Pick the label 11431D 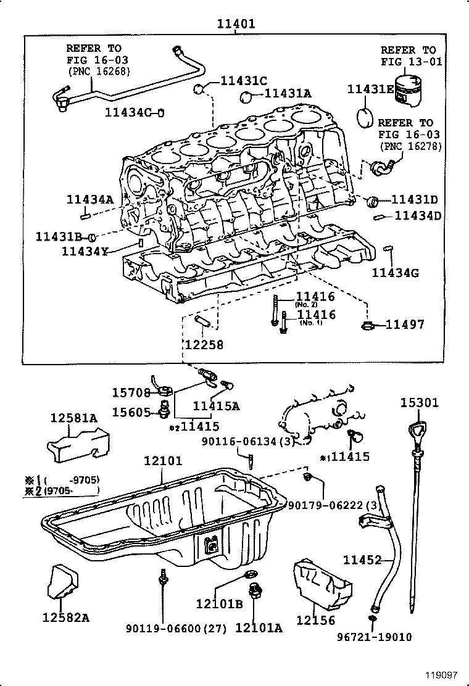coord(415,200)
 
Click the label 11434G coord(396,272)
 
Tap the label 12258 coord(204,345)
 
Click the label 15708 coord(131,392)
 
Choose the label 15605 coord(131,410)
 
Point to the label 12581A coord(73,418)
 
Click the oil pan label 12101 coord(163,461)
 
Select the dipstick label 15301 coord(420,403)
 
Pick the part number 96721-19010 coord(375,637)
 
